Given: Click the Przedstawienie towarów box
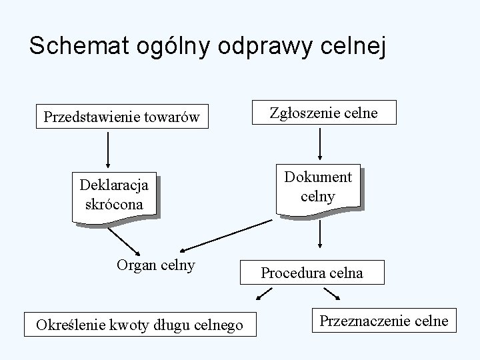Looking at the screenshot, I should tap(121, 117).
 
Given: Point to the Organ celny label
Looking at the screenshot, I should tap(155, 265).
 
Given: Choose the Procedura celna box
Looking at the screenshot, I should tap(312, 272).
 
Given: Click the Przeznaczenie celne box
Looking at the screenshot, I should tap(383, 321).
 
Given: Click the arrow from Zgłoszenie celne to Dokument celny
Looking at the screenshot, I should tap(321, 142).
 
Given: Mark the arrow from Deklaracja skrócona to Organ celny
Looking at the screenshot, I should tap(123, 241).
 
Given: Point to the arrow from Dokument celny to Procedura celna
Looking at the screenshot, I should tap(321, 235).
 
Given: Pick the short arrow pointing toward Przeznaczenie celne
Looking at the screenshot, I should tap(331, 294).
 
